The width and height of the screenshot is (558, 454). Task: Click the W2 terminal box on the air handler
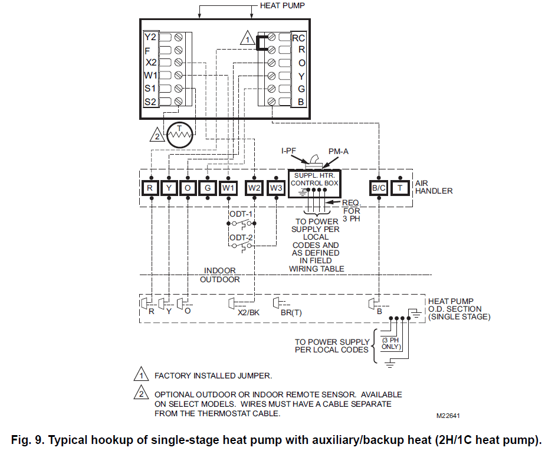(255, 188)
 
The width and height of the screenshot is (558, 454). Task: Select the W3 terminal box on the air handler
(276, 188)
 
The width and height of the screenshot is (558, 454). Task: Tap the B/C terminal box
(378, 188)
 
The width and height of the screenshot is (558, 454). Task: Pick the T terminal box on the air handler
(399, 188)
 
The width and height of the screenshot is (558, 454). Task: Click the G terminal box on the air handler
(208, 188)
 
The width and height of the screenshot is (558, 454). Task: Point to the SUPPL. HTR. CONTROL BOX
(314, 179)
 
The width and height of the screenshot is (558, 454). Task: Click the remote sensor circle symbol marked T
(179, 136)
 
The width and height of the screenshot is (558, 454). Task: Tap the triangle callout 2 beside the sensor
(156, 136)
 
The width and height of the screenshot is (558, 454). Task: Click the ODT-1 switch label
(241, 213)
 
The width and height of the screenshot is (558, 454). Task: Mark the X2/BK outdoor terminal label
(248, 313)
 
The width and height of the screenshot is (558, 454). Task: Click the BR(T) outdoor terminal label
(291, 313)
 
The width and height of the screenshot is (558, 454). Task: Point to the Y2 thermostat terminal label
(150, 37)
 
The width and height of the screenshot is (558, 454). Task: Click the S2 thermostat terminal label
(150, 102)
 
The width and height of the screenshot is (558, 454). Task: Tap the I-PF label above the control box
(289, 151)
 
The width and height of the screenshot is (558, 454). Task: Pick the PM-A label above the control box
(339, 151)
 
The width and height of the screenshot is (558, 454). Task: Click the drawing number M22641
(448, 416)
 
